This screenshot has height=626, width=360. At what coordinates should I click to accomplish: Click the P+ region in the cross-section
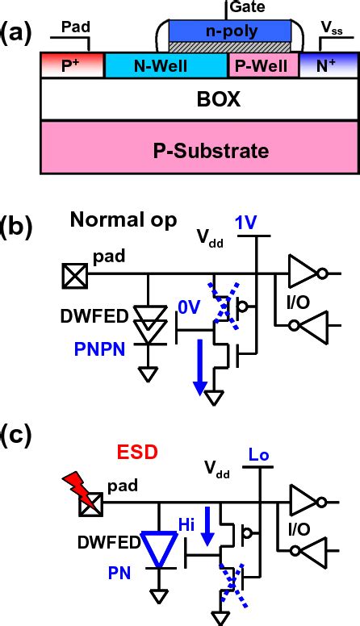click(72, 66)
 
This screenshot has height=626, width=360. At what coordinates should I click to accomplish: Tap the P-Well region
click(263, 66)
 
